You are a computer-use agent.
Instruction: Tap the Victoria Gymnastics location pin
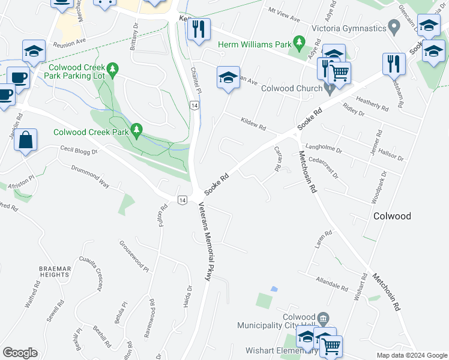point(394,27)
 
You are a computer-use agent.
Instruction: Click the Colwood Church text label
point(292,88)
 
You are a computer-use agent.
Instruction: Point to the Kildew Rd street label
point(253,123)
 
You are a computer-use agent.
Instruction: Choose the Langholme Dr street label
point(324,147)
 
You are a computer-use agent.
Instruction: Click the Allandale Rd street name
point(331,283)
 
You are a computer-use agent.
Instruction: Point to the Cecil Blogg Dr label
point(78,149)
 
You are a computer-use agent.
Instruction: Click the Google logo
point(20,353)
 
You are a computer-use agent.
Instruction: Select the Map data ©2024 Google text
point(411,355)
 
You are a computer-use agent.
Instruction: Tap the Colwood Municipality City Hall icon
point(323,317)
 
